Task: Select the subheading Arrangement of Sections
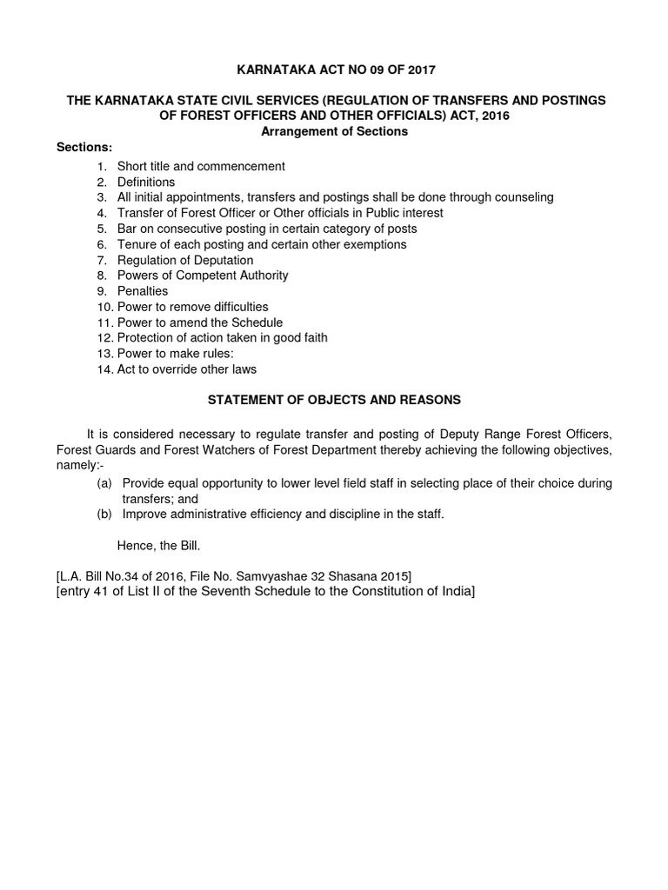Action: coord(334,131)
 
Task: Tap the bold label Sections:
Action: coord(84,147)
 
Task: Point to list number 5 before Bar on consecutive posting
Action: coord(101,229)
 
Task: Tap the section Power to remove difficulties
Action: coord(193,307)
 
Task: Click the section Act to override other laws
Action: coord(187,369)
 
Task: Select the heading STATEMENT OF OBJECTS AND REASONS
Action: coord(334,401)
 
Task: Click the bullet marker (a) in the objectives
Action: coord(104,483)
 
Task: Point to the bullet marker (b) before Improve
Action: coord(104,515)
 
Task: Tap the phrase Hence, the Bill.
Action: coord(160,546)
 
